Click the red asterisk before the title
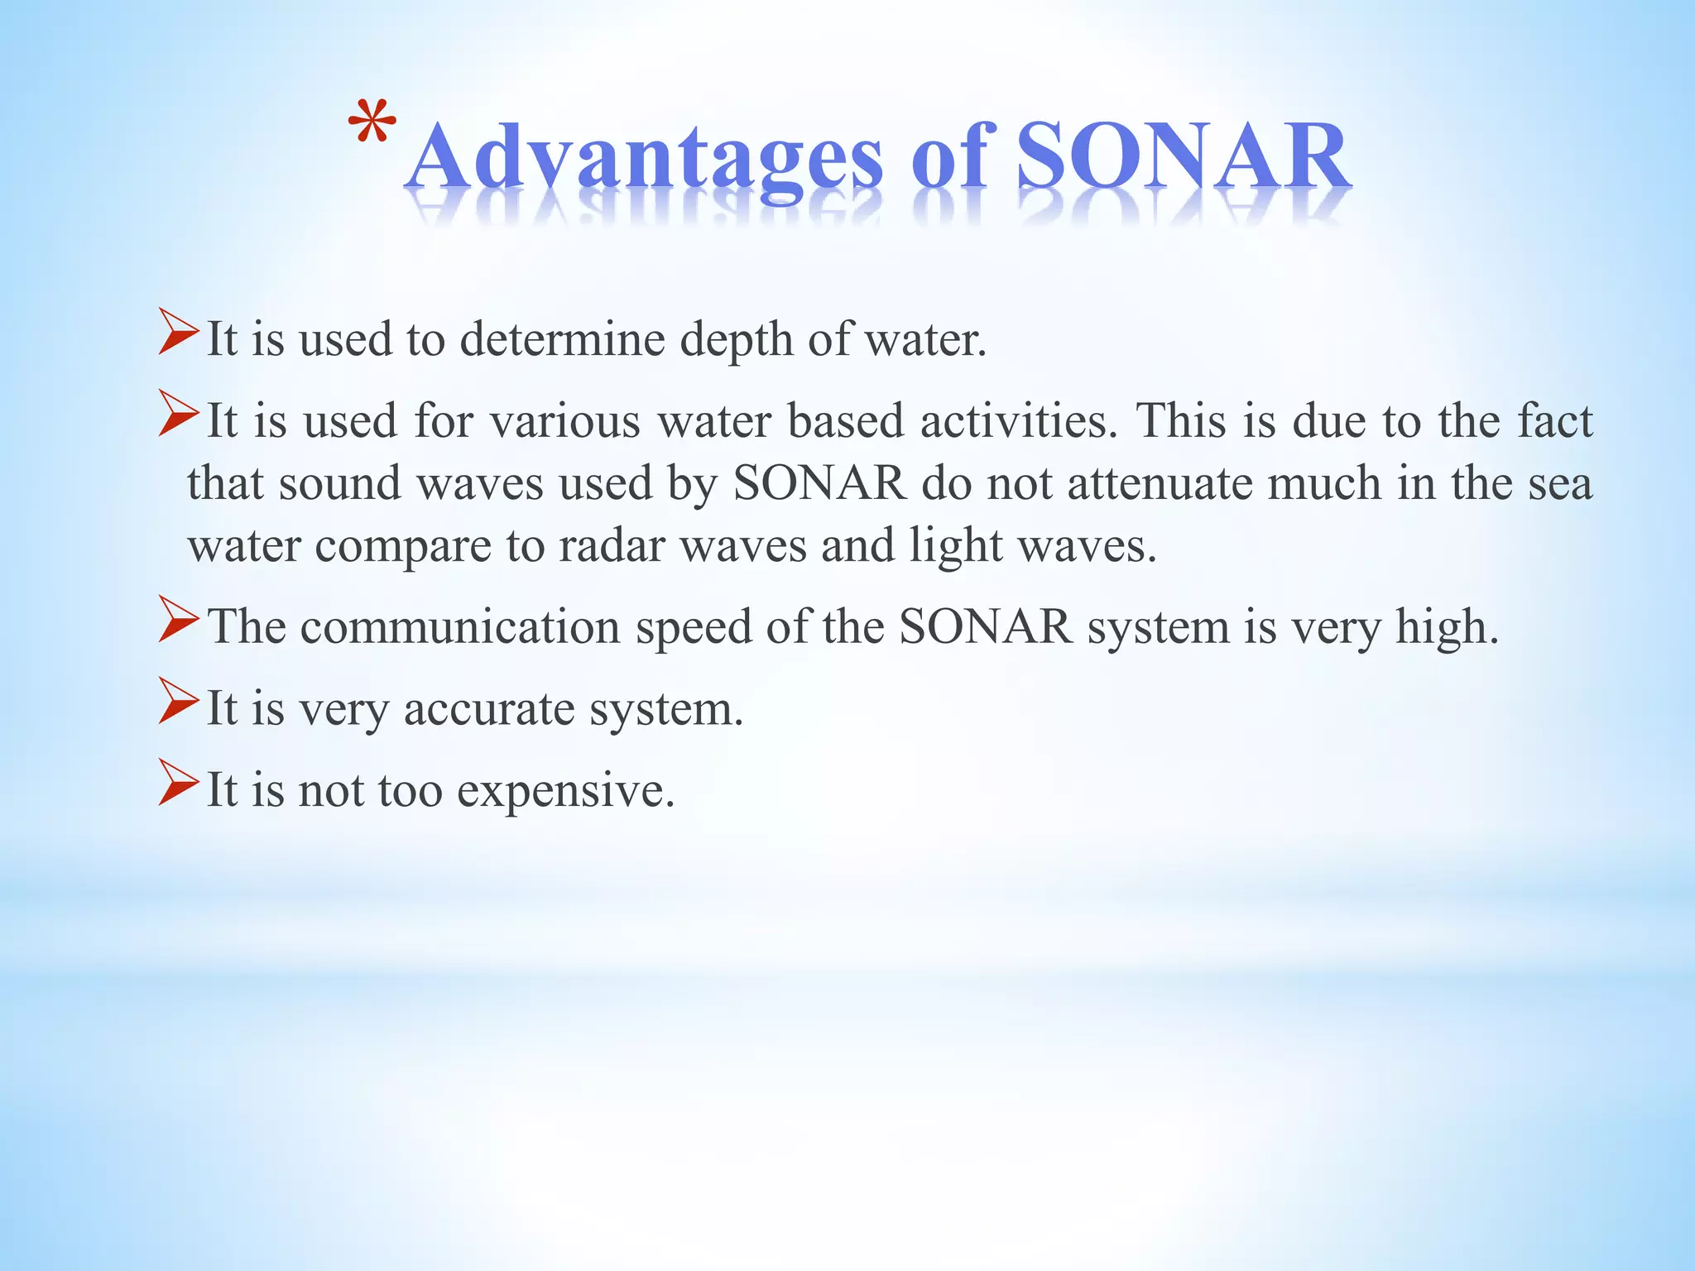pyautogui.click(x=372, y=124)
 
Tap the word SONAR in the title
pyautogui.click(x=1184, y=157)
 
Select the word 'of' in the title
pyautogui.click(x=951, y=157)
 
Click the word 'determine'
pyautogui.click(x=562, y=339)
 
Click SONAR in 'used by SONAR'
pyautogui.click(x=819, y=483)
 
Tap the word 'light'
pyautogui.click(x=955, y=546)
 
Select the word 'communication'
pyautogui.click(x=459, y=627)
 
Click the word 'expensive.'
pyautogui.click(x=566, y=790)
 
